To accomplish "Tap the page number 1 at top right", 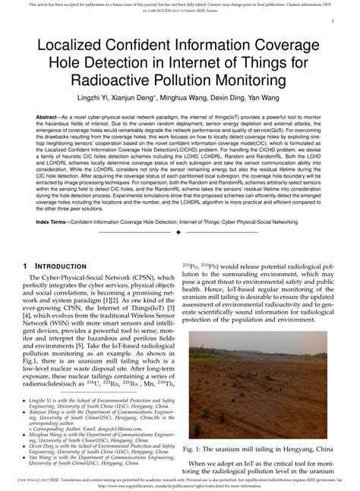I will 335,22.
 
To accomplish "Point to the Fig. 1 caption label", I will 194,449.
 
